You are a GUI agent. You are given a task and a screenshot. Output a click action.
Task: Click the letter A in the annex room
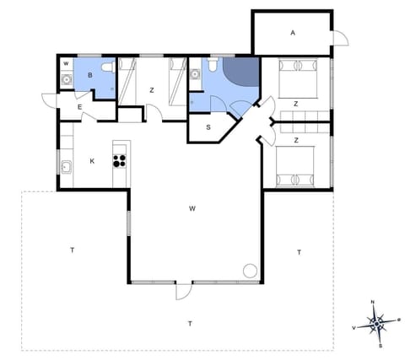[293, 33]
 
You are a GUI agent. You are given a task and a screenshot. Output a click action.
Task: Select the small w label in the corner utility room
[66, 64]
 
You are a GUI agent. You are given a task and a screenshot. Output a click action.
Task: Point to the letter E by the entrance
[79, 107]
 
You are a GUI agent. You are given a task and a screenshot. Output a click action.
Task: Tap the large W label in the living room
[192, 207]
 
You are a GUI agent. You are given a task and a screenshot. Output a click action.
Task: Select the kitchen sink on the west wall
[65, 165]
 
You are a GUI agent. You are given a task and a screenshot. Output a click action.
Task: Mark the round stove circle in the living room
[250, 270]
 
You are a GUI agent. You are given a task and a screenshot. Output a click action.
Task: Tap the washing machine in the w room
[66, 80]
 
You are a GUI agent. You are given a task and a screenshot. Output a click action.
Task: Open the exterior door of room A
[339, 38]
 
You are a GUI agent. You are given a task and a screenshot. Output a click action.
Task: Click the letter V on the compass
[354, 327]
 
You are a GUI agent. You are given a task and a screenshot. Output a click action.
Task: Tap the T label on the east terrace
[299, 252]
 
